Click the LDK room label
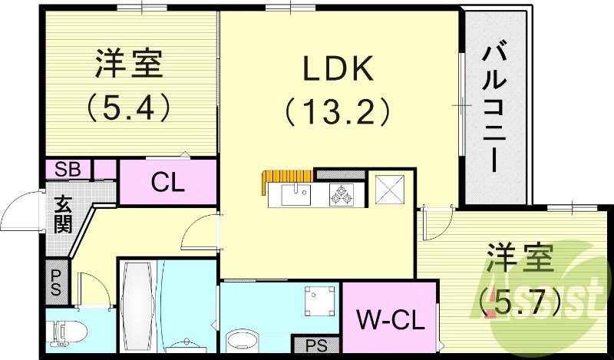click(x=337, y=70)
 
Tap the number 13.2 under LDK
click(x=337, y=113)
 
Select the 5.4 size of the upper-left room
click(x=128, y=108)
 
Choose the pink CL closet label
click(x=167, y=183)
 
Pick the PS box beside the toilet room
click(x=58, y=282)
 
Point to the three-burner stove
click(x=342, y=196)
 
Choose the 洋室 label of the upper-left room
click(x=129, y=64)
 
